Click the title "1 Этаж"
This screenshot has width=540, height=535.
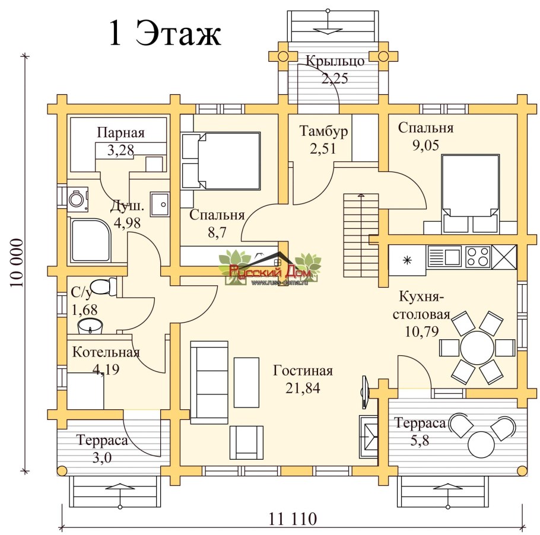pyautogui.click(x=164, y=33)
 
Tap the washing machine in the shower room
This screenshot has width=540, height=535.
pyautogui.click(x=78, y=199)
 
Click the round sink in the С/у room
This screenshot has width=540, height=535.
pyautogui.click(x=90, y=326)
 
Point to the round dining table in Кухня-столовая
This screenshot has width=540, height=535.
pyautogui.click(x=477, y=349)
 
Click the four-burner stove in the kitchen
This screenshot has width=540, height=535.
pyautogui.click(x=478, y=256)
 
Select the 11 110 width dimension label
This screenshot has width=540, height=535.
pyautogui.click(x=293, y=519)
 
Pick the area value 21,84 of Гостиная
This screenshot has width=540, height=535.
pyautogui.click(x=303, y=388)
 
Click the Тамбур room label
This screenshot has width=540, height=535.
pyautogui.click(x=323, y=131)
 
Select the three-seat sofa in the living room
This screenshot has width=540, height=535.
pyautogui.click(x=209, y=382)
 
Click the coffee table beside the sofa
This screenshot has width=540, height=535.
pyautogui.click(x=247, y=382)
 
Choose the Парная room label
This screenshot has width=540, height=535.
pyautogui.click(x=120, y=132)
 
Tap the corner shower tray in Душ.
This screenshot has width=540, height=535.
pyautogui.click(x=91, y=240)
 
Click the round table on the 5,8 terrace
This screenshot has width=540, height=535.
pyautogui.click(x=481, y=444)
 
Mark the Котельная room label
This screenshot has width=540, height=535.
pyautogui.click(x=106, y=352)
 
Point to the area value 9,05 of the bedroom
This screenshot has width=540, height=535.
pyautogui.click(x=425, y=145)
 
